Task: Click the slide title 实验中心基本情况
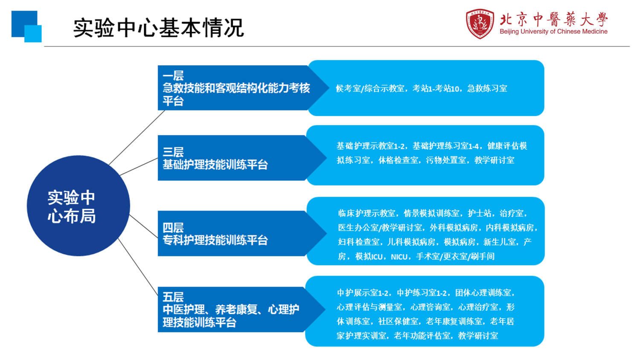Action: [x=158, y=28]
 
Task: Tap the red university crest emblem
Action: [x=480, y=24]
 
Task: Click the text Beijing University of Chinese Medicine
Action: [x=553, y=32]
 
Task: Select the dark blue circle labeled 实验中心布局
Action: [x=78, y=206]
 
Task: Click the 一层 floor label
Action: [x=173, y=76]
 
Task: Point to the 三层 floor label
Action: [x=173, y=152]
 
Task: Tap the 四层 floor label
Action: [x=173, y=227]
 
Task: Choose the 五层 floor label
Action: [x=173, y=297]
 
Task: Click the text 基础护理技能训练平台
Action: [x=215, y=165]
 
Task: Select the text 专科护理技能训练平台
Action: [x=215, y=240]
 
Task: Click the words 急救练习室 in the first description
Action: [x=487, y=89]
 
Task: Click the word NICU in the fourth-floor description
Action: [x=399, y=257]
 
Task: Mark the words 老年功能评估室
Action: [x=422, y=336]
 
